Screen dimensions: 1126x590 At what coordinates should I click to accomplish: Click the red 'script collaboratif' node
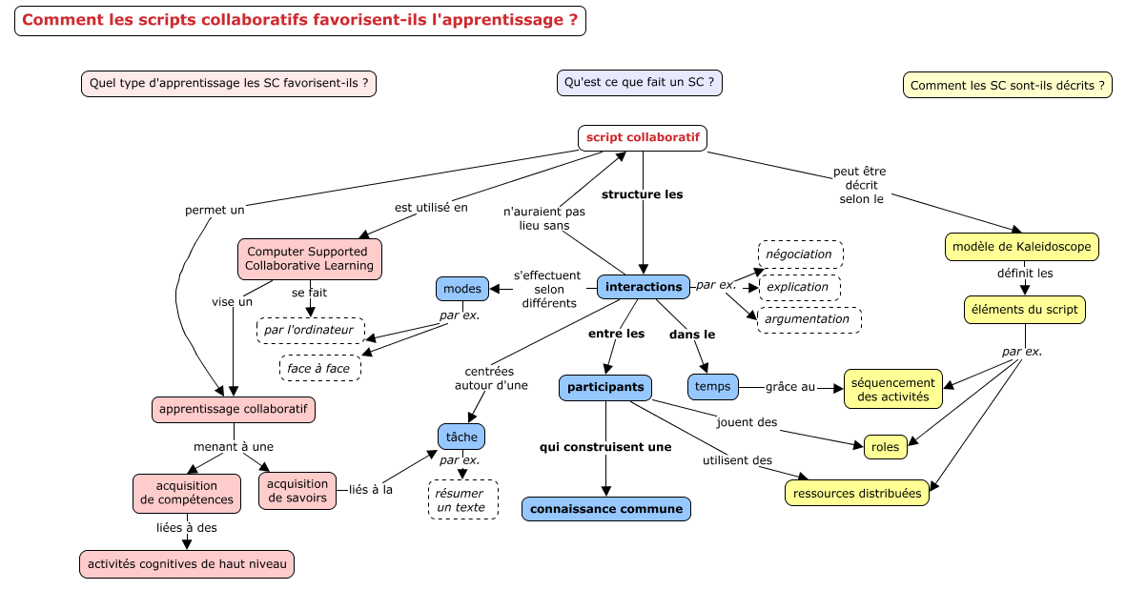click(x=643, y=138)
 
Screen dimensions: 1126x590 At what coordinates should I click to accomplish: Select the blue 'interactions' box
click(x=644, y=287)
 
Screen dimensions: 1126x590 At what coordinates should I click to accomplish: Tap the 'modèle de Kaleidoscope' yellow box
click(x=1021, y=247)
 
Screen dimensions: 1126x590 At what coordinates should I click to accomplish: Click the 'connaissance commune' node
click(x=606, y=509)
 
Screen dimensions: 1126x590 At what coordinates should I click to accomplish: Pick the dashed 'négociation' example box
click(x=800, y=254)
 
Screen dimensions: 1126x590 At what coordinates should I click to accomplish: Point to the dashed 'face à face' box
click(x=319, y=368)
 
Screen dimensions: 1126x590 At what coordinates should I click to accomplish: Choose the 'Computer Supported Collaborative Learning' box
click(x=310, y=259)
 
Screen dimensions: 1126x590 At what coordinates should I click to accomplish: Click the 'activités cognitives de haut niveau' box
click(x=187, y=564)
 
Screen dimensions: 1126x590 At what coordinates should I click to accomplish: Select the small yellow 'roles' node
click(x=886, y=447)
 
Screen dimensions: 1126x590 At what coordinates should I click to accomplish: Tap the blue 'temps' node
click(x=712, y=387)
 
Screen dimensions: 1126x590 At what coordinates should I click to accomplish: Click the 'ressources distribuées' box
click(x=857, y=493)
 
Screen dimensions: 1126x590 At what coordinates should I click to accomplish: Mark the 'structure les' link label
click(x=642, y=194)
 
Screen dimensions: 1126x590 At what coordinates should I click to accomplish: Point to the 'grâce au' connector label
click(x=790, y=387)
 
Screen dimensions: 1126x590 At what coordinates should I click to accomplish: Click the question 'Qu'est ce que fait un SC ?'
click(x=639, y=83)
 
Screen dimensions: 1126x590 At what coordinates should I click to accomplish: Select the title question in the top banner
click(x=300, y=20)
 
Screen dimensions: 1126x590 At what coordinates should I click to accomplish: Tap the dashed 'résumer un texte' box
click(x=462, y=499)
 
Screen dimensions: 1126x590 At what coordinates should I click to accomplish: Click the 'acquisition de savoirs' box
click(x=297, y=491)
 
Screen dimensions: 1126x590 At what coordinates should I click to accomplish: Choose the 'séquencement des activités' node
click(x=892, y=389)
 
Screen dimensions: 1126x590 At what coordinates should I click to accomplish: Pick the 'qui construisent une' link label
click(x=605, y=447)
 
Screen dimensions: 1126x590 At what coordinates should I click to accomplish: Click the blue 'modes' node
click(x=461, y=289)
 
